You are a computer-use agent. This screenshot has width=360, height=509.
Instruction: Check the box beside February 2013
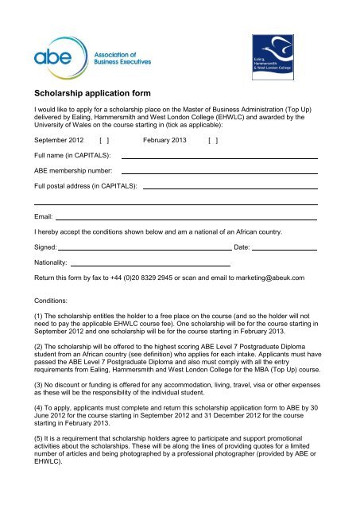coord(212,140)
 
